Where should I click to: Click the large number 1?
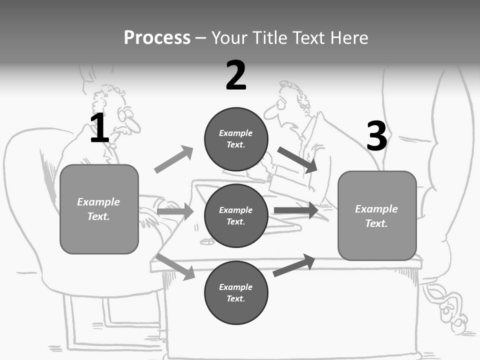tap(99, 128)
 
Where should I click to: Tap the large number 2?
tap(236, 75)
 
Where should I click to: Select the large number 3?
tap(376, 136)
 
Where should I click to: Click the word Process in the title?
tap(157, 37)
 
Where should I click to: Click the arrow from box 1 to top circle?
tap(173, 159)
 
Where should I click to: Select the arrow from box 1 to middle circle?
tap(175, 211)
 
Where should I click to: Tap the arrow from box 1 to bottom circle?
tap(175, 266)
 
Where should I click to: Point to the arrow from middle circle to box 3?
tap(296, 210)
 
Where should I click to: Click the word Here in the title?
tap(349, 37)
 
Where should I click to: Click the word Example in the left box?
tap(98, 202)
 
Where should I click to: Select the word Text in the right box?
tap(376, 223)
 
